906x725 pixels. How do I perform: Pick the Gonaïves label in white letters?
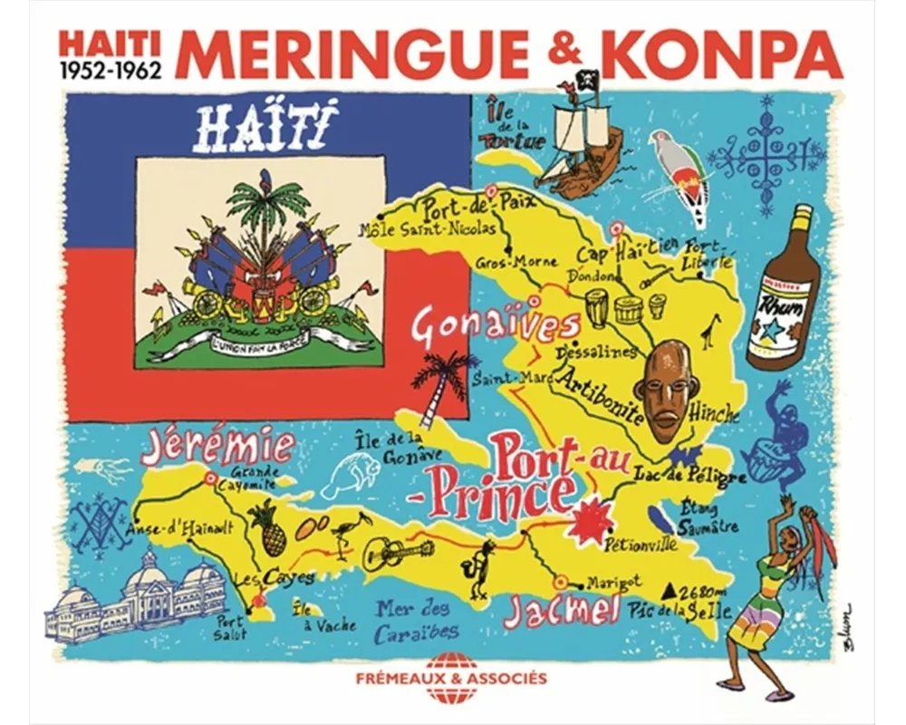(495, 327)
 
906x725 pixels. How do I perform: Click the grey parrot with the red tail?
(684, 172)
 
